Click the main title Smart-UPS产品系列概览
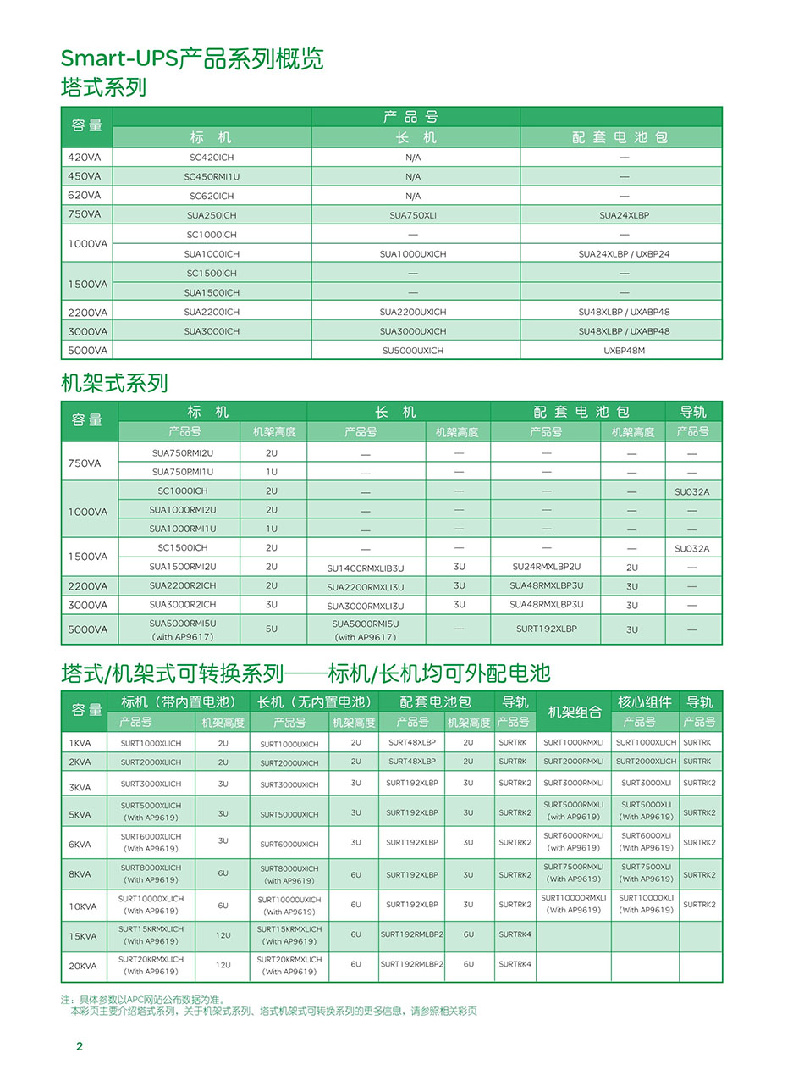tap(192, 58)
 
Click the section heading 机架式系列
tap(114, 384)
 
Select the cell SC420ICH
tap(212, 158)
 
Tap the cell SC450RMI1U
tap(212, 177)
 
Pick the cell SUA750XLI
tap(413, 215)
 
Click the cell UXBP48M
tap(624, 351)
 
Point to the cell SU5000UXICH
tap(413, 351)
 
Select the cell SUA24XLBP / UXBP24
tap(624, 254)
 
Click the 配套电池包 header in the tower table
tap(620, 137)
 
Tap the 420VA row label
tap(85, 158)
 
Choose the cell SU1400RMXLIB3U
tap(366, 568)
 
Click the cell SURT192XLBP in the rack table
tap(546, 629)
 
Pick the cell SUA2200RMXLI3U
tap(366, 587)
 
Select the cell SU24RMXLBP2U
tap(547, 567)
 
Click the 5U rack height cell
tap(272, 629)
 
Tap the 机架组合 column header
tap(575, 712)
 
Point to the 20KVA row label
tap(83, 967)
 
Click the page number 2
tap(80, 1046)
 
